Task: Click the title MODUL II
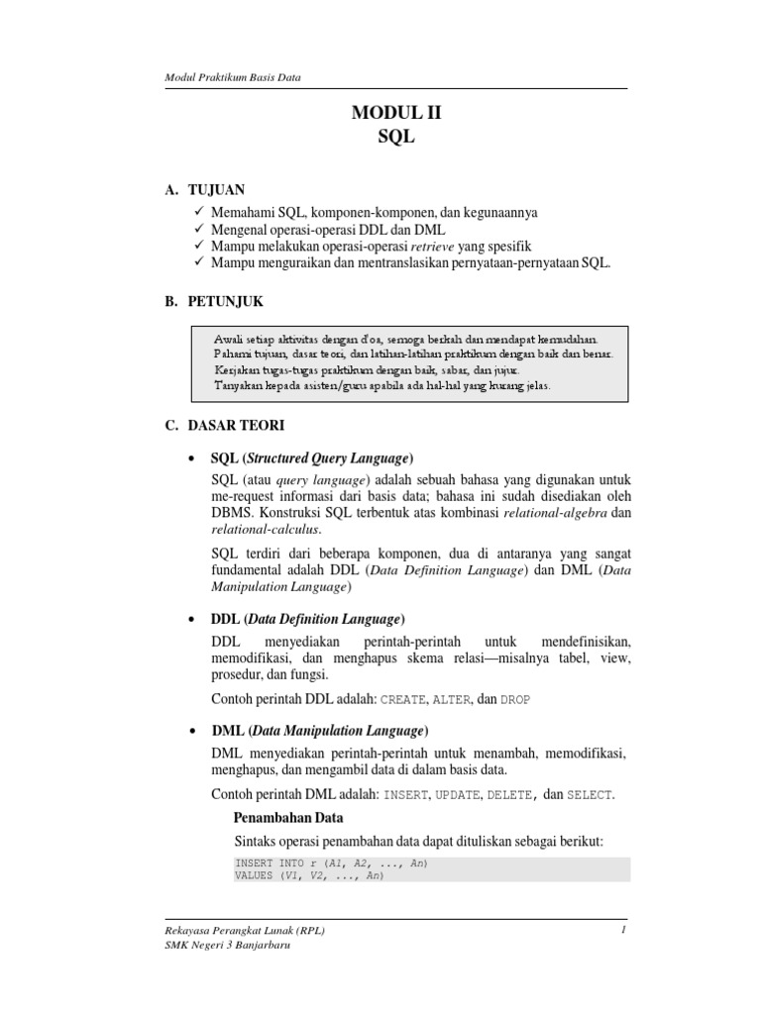[x=395, y=114]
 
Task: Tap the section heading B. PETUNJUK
[x=214, y=300]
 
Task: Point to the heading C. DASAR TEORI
[x=225, y=425]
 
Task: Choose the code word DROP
[x=515, y=699]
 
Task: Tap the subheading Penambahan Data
[x=287, y=818]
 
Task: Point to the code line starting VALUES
[x=308, y=876]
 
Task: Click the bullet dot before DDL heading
[x=190, y=619]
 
